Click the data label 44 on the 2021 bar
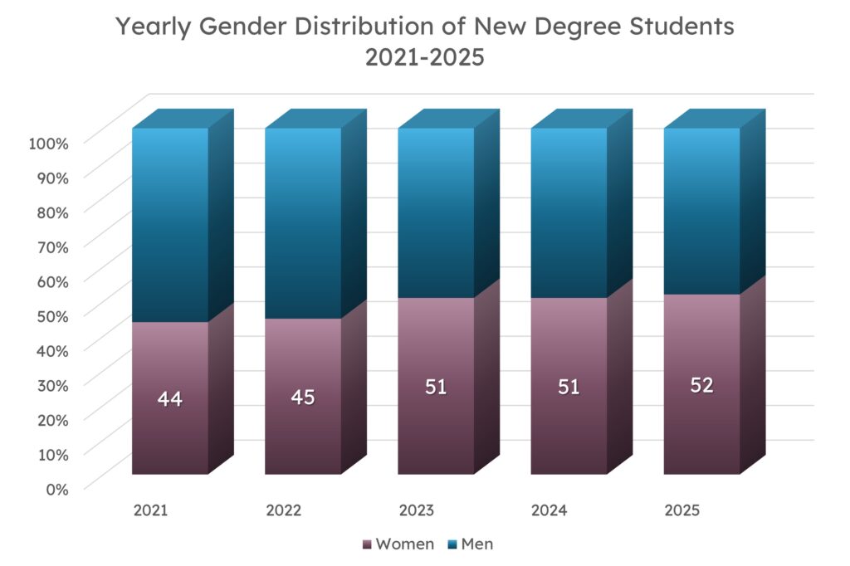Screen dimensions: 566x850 click(169, 399)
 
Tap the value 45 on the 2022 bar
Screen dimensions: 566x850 click(303, 398)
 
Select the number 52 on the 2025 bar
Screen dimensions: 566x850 click(701, 386)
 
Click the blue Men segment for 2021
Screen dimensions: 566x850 click(170, 224)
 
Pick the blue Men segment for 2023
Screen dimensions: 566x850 click(436, 212)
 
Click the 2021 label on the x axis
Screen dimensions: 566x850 click(151, 510)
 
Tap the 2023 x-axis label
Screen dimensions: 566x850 click(417, 510)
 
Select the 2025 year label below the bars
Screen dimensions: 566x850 click(682, 510)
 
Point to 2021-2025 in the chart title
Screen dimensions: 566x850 click(425, 61)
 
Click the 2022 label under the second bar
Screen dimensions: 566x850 click(284, 510)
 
